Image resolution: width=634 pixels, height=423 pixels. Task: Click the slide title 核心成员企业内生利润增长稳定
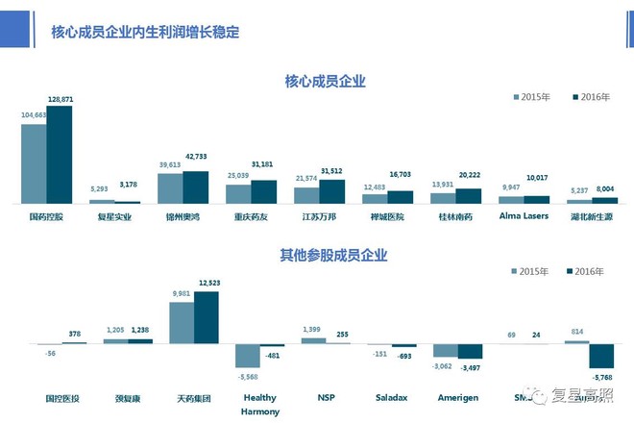click(x=144, y=32)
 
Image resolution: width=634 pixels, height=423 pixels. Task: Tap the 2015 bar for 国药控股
click(x=35, y=163)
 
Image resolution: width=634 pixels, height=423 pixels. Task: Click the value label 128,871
click(x=60, y=99)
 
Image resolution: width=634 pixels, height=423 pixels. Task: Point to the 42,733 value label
click(x=196, y=156)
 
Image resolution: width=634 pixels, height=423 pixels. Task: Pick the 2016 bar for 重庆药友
click(x=263, y=191)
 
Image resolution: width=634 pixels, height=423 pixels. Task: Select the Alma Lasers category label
click(x=524, y=217)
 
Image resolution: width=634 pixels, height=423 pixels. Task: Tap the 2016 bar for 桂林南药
click(x=468, y=195)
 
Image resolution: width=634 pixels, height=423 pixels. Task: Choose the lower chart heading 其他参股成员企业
click(x=326, y=255)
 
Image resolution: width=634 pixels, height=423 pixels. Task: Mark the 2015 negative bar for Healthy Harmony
click(x=249, y=355)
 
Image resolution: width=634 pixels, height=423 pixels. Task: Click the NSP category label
click(x=327, y=396)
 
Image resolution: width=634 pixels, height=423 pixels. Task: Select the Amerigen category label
click(x=457, y=396)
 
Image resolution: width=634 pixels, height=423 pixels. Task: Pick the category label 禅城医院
click(x=387, y=218)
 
